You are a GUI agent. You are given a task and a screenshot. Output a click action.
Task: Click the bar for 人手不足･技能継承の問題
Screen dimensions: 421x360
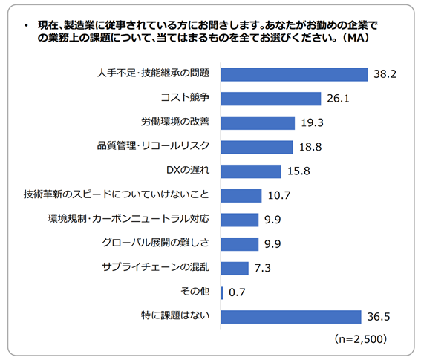(294, 74)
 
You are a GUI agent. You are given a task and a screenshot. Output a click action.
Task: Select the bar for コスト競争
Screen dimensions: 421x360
(270, 99)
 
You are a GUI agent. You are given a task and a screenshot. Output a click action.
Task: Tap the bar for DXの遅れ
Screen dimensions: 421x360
(251, 171)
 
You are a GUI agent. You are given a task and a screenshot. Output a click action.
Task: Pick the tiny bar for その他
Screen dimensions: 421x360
(222, 292)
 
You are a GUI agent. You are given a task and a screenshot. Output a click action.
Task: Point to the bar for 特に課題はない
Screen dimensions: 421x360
(291, 317)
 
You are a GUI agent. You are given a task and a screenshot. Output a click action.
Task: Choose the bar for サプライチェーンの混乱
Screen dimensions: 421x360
(235, 269)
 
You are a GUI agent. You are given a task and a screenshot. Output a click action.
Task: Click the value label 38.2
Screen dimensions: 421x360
(385, 74)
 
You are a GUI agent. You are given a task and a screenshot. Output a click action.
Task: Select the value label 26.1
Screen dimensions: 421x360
(338, 99)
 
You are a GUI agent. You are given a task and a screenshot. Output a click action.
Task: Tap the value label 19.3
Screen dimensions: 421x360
(313, 123)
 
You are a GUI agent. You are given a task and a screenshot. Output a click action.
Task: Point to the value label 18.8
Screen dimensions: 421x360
(310, 147)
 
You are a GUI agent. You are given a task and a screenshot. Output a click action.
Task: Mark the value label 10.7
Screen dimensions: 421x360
(279, 196)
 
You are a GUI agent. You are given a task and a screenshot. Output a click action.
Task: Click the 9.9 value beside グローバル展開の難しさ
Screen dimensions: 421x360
(272, 244)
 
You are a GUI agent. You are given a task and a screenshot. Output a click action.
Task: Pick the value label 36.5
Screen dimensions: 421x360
(379, 317)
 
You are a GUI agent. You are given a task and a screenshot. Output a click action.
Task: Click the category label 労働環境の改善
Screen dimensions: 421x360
(175, 122)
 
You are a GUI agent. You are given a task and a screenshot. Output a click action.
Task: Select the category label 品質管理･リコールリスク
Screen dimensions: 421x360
(153, 146)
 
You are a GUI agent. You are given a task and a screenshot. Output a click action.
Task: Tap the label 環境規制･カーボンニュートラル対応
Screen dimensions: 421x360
(128, 219)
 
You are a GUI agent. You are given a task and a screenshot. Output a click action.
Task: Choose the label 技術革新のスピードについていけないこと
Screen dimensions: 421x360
(117, 194)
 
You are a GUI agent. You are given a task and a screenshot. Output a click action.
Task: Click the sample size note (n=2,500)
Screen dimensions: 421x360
(361, 339)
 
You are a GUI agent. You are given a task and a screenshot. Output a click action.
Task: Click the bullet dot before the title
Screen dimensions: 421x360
(26, 26)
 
